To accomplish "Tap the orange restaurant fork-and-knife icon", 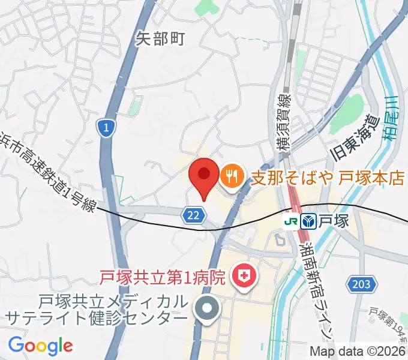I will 232,176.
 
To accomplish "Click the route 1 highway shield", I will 106,128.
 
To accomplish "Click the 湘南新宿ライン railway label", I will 317,288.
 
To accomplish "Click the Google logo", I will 40,346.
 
